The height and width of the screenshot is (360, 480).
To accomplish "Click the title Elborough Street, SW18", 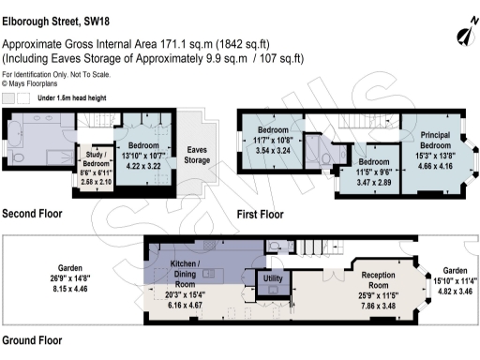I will [62, 13].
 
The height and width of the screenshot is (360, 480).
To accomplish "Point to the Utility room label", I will [274, 278].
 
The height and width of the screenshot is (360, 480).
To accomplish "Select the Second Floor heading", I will [32, 214].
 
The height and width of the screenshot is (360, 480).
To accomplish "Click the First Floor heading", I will [260, 215].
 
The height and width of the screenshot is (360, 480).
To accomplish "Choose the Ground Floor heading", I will [33, 340].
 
